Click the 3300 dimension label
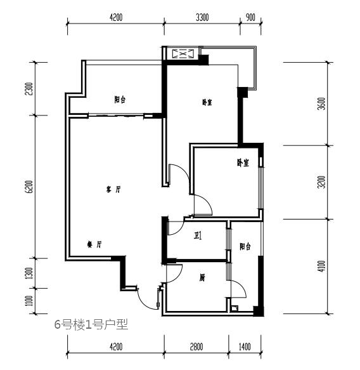[202, 18]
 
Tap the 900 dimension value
[250, 18]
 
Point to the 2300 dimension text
[29, 89]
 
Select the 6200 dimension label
[29, 187]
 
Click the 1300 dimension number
[29, 273]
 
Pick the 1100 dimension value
[29, 301]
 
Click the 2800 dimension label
[196, 347]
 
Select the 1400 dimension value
[245, 347]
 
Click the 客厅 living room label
[113, 189]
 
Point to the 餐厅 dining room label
[94, 244]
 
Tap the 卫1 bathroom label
[198, 235]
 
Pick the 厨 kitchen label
[202, 278]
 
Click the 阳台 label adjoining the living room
[120, 100]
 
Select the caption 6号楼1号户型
[91, 324]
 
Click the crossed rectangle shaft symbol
[183, 54]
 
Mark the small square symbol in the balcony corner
[235, 308]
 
